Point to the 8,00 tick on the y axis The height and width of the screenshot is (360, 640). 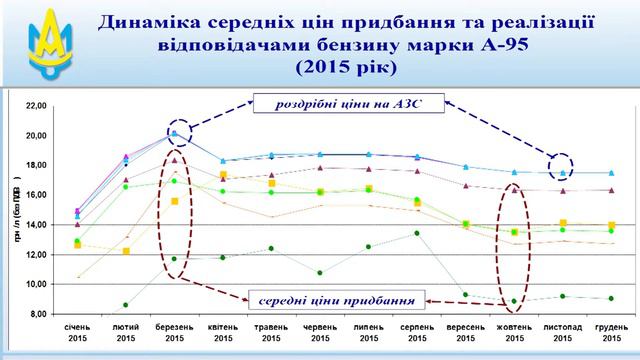click(35, 314)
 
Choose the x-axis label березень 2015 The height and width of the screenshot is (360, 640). click(174, 332)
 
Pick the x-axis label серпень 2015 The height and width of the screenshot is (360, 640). click(417, 332)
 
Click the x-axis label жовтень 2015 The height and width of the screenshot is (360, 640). click(514, 332)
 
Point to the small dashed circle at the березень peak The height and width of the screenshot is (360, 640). click(175, 130)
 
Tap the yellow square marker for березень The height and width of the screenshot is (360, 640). click(175, 201)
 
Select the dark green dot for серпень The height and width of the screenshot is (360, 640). click(417, 233)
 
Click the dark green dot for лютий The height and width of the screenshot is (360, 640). click(126, 304)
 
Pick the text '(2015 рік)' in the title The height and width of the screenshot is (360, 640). click(346, 68)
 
